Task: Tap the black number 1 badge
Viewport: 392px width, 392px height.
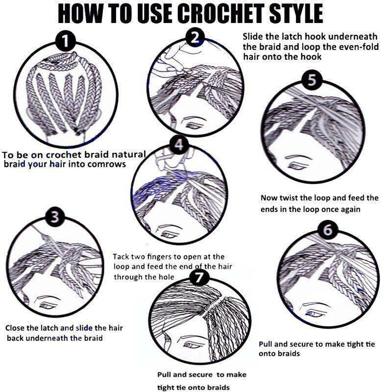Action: pyautogui.click(x=65, y=41)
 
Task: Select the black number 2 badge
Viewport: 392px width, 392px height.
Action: pyautogui.click(x=196, y=38)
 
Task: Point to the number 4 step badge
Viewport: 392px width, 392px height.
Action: pyautogui.click(x=179, y=145)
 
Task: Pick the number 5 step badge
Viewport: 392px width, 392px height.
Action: pyautogui.click(x=312, y=80)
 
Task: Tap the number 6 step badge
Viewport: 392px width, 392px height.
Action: pyautogui.click(x=328, y=229)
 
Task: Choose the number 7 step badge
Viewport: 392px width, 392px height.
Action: pyautogui.click(x=199, y=277)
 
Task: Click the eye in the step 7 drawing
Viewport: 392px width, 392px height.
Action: pyautogui.click(x=190, y=346)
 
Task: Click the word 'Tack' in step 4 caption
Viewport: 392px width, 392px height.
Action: pyautogui.click(x=121, y=257)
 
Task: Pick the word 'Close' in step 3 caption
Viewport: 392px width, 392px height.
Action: pyautogui.click(x=15, y=328)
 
